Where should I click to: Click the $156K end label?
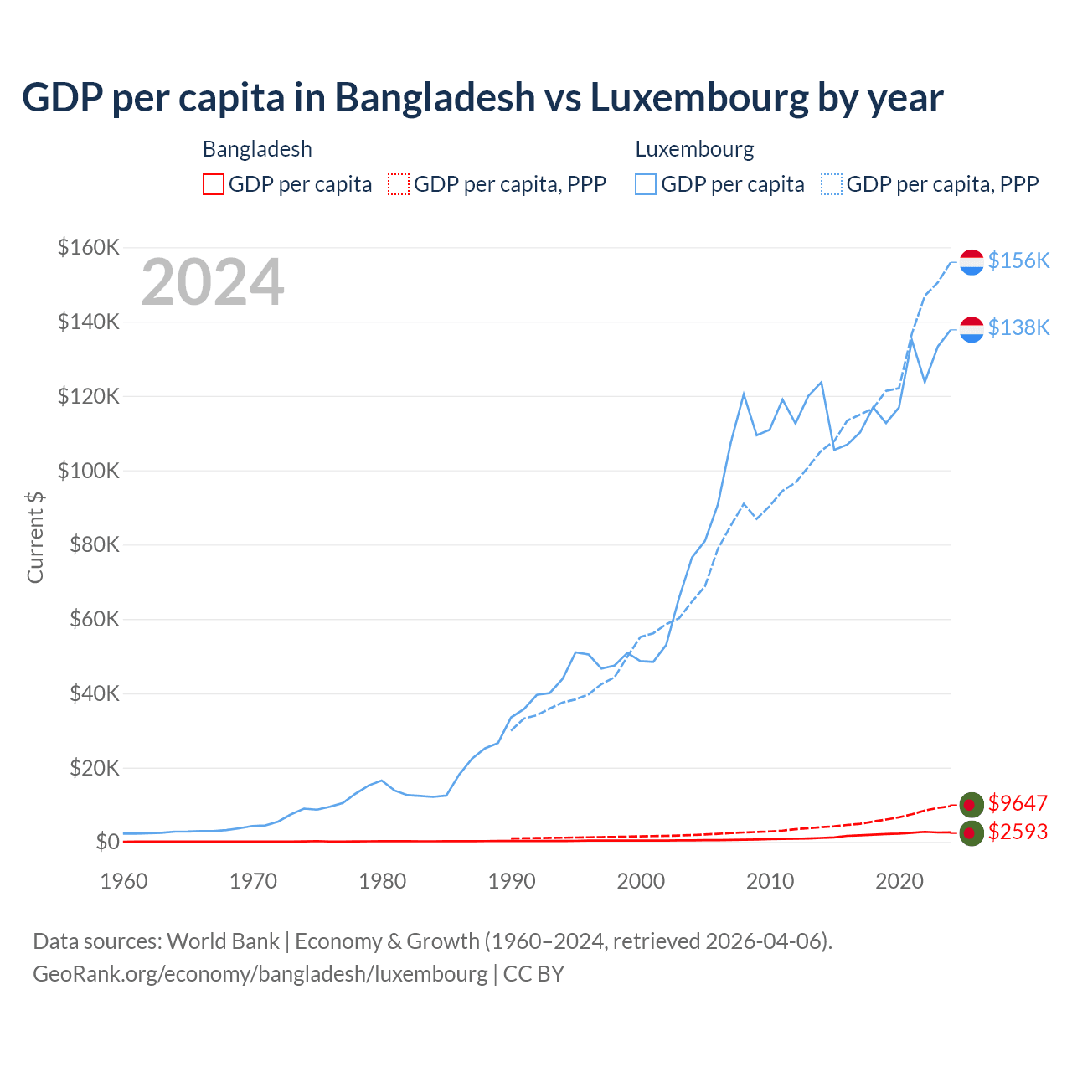pos(1018,260)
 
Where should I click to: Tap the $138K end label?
pos(1018,327)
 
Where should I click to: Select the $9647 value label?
pos(1018,803)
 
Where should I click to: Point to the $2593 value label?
pos(1018,832)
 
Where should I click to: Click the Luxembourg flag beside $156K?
pos(971,262)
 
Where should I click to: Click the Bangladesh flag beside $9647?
pos(971,805)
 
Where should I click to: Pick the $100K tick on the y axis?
pos(89,471)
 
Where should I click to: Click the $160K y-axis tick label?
pos(89,247)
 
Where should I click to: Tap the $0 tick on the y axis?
pos(107,842)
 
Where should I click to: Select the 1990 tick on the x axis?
pos(512,881)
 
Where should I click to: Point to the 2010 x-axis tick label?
pos(770,881)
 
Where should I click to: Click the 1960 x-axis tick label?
pos(124,881)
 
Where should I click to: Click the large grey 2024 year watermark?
pos(213,283)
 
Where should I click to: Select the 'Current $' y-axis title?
pos(35,537)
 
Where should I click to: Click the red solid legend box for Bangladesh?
pos(214,184)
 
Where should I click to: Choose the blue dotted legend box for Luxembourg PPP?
pos(832,184)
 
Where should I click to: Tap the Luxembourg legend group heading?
pos(694,149)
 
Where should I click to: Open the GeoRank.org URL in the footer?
pos(260,974)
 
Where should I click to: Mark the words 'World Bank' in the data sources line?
pos(223,941)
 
